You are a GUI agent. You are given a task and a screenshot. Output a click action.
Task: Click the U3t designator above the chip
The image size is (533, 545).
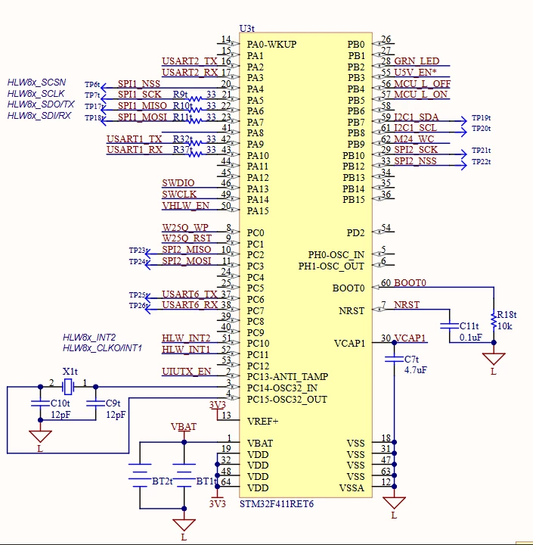[x=247, y=28]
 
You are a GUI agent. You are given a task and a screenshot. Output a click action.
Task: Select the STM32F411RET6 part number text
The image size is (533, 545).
[x=277, y=504]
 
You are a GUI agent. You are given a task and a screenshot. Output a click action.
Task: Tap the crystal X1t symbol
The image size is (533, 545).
[x=68, y=387]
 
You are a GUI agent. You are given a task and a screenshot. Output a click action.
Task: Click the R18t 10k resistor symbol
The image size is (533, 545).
[x=494, y=321]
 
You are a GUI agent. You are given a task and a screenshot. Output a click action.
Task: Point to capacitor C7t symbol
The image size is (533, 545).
[x=394, y=359]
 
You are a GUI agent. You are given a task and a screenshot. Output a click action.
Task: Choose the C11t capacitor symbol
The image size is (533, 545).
[x=449, y=326]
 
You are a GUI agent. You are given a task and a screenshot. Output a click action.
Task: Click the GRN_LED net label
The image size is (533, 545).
[x=417, y=61]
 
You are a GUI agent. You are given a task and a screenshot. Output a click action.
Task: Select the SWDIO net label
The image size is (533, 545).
[x=178, y=183]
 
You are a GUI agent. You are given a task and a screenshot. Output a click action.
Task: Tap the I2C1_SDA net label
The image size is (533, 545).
[x=417, y=117]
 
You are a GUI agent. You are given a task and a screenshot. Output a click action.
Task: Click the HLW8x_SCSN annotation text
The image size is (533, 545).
[x=36, y=83]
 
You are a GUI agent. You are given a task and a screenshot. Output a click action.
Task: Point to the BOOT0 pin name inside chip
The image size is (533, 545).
[x=349, y=288]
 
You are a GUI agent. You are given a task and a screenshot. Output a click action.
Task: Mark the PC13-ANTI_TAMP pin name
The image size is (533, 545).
[x=287, y=377]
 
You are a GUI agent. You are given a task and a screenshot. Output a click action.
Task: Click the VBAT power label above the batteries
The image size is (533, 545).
[x=184, y=426]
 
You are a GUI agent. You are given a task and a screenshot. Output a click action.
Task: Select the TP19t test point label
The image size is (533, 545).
[x=481, y=118]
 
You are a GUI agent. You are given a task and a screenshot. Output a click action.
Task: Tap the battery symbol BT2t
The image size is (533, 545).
[x=140, y=472]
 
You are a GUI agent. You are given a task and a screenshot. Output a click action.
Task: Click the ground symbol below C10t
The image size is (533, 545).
[x=40, y=436]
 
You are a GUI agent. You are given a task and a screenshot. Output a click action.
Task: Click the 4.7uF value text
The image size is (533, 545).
[x=416, y=370]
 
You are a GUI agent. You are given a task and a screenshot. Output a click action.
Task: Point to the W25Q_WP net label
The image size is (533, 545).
[x=185, y=228]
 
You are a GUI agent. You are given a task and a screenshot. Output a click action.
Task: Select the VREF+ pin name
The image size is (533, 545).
[x=262, y=422]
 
